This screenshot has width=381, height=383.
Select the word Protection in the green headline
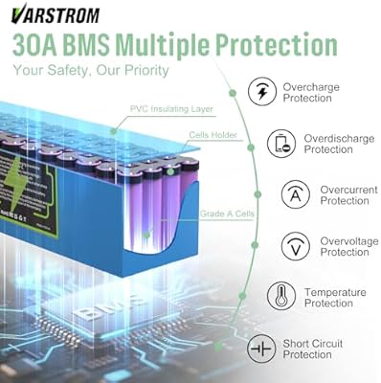tap(279, 45)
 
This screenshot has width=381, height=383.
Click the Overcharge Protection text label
tap(309, 93)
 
